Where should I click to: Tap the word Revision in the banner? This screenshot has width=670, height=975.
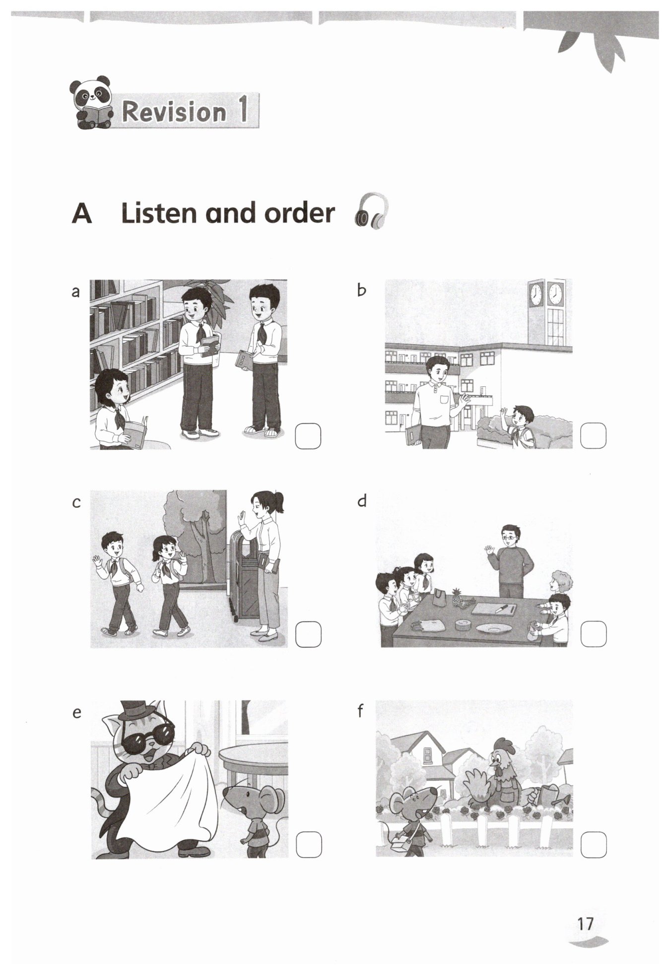click(174, 112)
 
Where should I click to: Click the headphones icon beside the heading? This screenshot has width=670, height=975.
click(371, 212)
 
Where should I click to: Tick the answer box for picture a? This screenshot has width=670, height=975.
click(308, 436)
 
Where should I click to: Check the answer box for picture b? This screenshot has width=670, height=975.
click(593, 435)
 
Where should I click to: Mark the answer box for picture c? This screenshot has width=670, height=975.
click(308, 634)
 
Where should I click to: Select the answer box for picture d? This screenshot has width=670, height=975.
click(593, 634)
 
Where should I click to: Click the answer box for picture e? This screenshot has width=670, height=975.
click(309, 845)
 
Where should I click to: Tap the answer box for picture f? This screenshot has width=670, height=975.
click(593, 845)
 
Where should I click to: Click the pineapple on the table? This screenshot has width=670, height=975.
click(456, 597)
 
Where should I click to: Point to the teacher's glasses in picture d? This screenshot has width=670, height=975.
click(509, 537)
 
